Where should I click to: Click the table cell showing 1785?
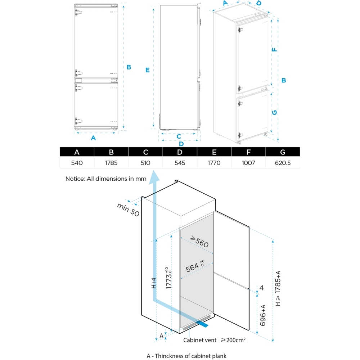pyautogui.click(x=111, y=163)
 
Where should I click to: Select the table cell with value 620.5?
pyautogui.click(x=283, y=163)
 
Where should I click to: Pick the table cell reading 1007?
pyautogui.click(x=248, y=163)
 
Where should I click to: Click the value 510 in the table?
pyautogui.click(x=145, y=163)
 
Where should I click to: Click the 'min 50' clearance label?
pyautogui.click(x=128, y=210)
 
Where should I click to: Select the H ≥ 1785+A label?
pyautogui.click(x=278, y=288)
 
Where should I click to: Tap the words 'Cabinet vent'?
pyautogui.click(x=200, y=340)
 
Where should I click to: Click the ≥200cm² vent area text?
pyautogui.click(x=233, y=339)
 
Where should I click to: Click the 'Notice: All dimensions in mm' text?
pyautogui.click(x=106, y=179)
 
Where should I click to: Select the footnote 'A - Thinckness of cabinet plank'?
pyautogui.click(x=186, y=356)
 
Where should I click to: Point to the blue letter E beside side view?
pyautogui.click(x=147, y=70)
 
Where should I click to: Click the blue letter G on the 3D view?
pyautogui.click(x=274, y=113)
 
